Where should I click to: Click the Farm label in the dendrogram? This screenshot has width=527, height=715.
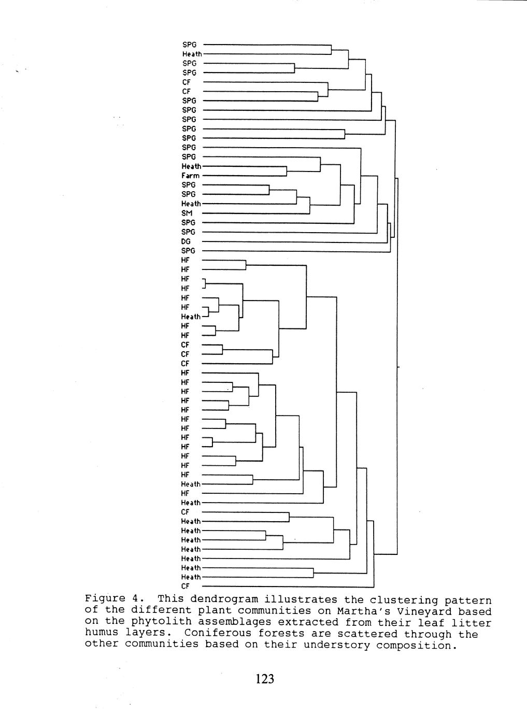click(191, 176)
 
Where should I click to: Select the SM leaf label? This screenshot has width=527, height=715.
click(187, 213)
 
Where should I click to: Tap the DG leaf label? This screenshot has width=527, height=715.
click(187, 241)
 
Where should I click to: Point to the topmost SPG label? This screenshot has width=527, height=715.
click(189, 45)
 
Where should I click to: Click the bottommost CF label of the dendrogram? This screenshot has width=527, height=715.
click(186, 587)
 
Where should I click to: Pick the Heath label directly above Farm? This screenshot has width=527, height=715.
click(191, 166)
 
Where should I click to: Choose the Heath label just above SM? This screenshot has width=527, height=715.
click(191, 204)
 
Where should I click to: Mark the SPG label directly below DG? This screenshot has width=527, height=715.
click(189, 251)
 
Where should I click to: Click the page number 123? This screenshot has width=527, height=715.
click(264, 679)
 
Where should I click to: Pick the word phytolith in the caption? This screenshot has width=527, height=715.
click(154, 622)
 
